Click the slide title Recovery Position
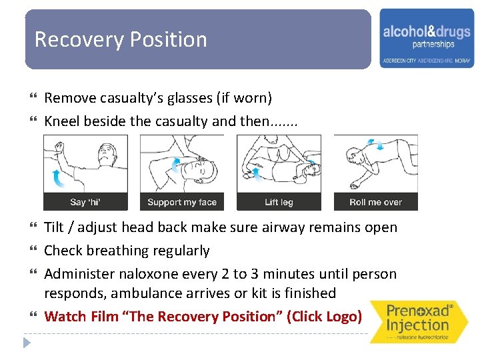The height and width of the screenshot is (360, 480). click(x=121, y=40)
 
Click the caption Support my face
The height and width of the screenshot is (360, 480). click(x=182, y=203)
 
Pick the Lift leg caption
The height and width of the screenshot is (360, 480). click(x=279, y=203)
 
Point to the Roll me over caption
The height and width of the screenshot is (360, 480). click(x=375, y=203)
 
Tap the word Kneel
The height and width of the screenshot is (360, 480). click(x=62, y=122)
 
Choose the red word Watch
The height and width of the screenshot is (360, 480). click(x=65, y=316)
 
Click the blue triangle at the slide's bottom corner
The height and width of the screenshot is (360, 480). click(x=27, y=343)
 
